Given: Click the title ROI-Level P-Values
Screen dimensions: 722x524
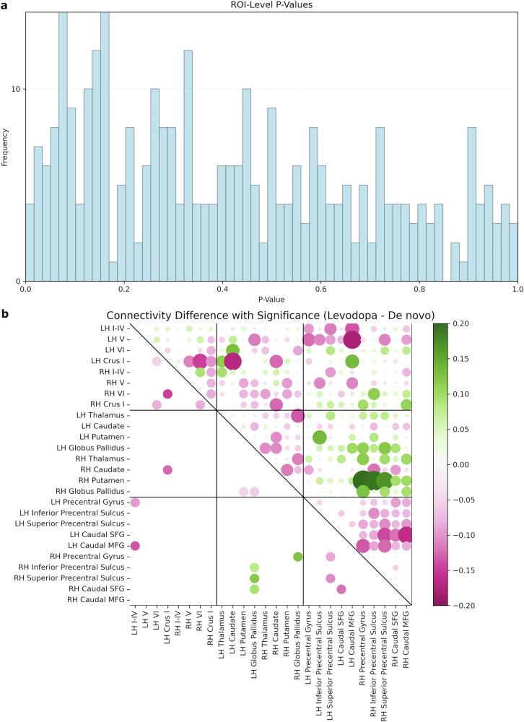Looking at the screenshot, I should click(271, 5).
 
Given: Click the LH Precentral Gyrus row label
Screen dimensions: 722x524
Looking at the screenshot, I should click(89, 502).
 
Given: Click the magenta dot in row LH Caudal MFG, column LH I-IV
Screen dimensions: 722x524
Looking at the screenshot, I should click(135, 545).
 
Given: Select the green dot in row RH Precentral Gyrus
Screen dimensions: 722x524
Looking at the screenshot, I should click(297, 556).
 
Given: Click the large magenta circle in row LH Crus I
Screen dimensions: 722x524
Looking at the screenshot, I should click(232, 360).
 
